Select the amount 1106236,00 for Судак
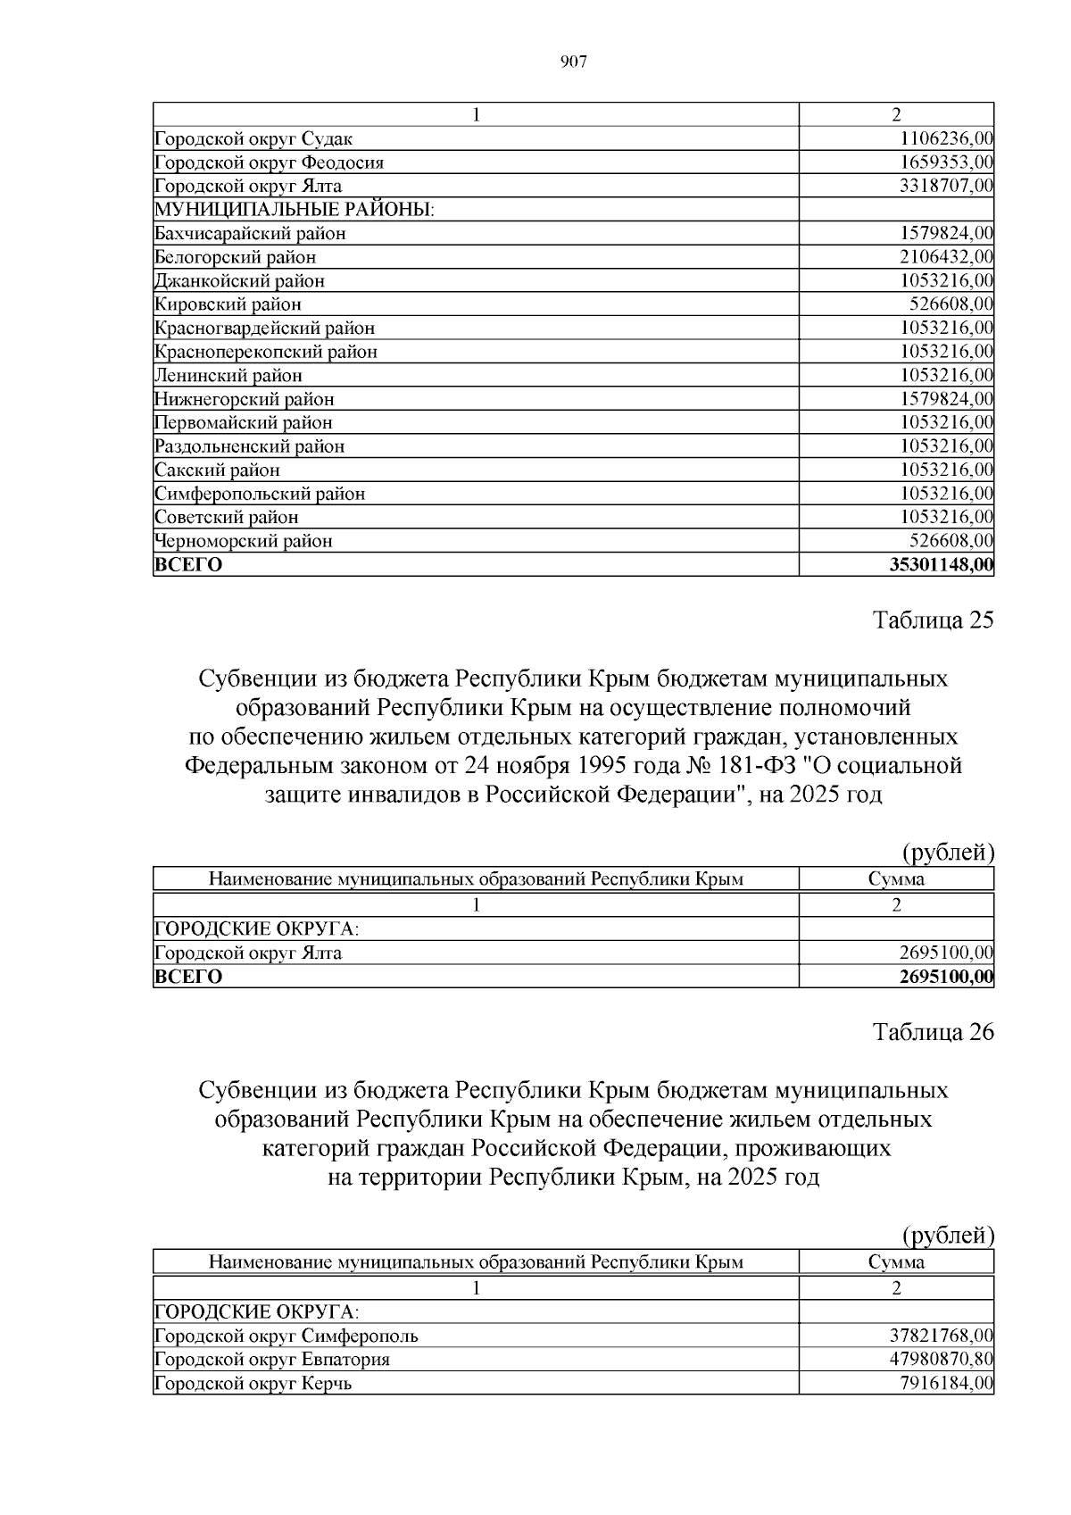(946, 139)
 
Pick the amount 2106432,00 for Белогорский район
(946, 257)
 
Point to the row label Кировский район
(228, 304)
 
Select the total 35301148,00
(942, 565)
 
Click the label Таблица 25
(932, 620)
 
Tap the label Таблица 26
(932, 1032)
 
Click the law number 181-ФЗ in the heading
(757, 765)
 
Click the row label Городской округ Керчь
(253, 1384)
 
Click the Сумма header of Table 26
(896, 1262)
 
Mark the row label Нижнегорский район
(244, 399)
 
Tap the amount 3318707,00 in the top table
(946, 187)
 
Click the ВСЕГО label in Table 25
(188, 977)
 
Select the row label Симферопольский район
(259, 494)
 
